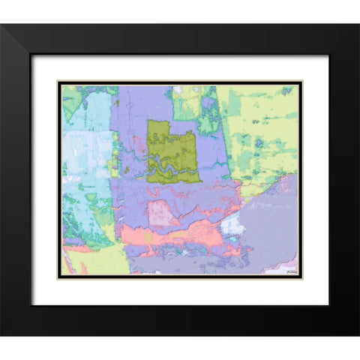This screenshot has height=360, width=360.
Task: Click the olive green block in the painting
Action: tap(172, 151)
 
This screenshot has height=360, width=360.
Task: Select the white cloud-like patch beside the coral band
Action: tap(232, 225)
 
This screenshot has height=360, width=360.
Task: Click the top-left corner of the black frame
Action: tap(2, 25)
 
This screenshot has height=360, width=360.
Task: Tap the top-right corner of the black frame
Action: tap(357, 25)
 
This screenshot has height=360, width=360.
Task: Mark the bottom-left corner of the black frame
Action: tap(2, 334)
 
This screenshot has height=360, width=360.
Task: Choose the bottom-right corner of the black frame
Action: tap(357, 334)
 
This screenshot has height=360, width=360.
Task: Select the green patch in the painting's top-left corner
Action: tap(72, 98)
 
